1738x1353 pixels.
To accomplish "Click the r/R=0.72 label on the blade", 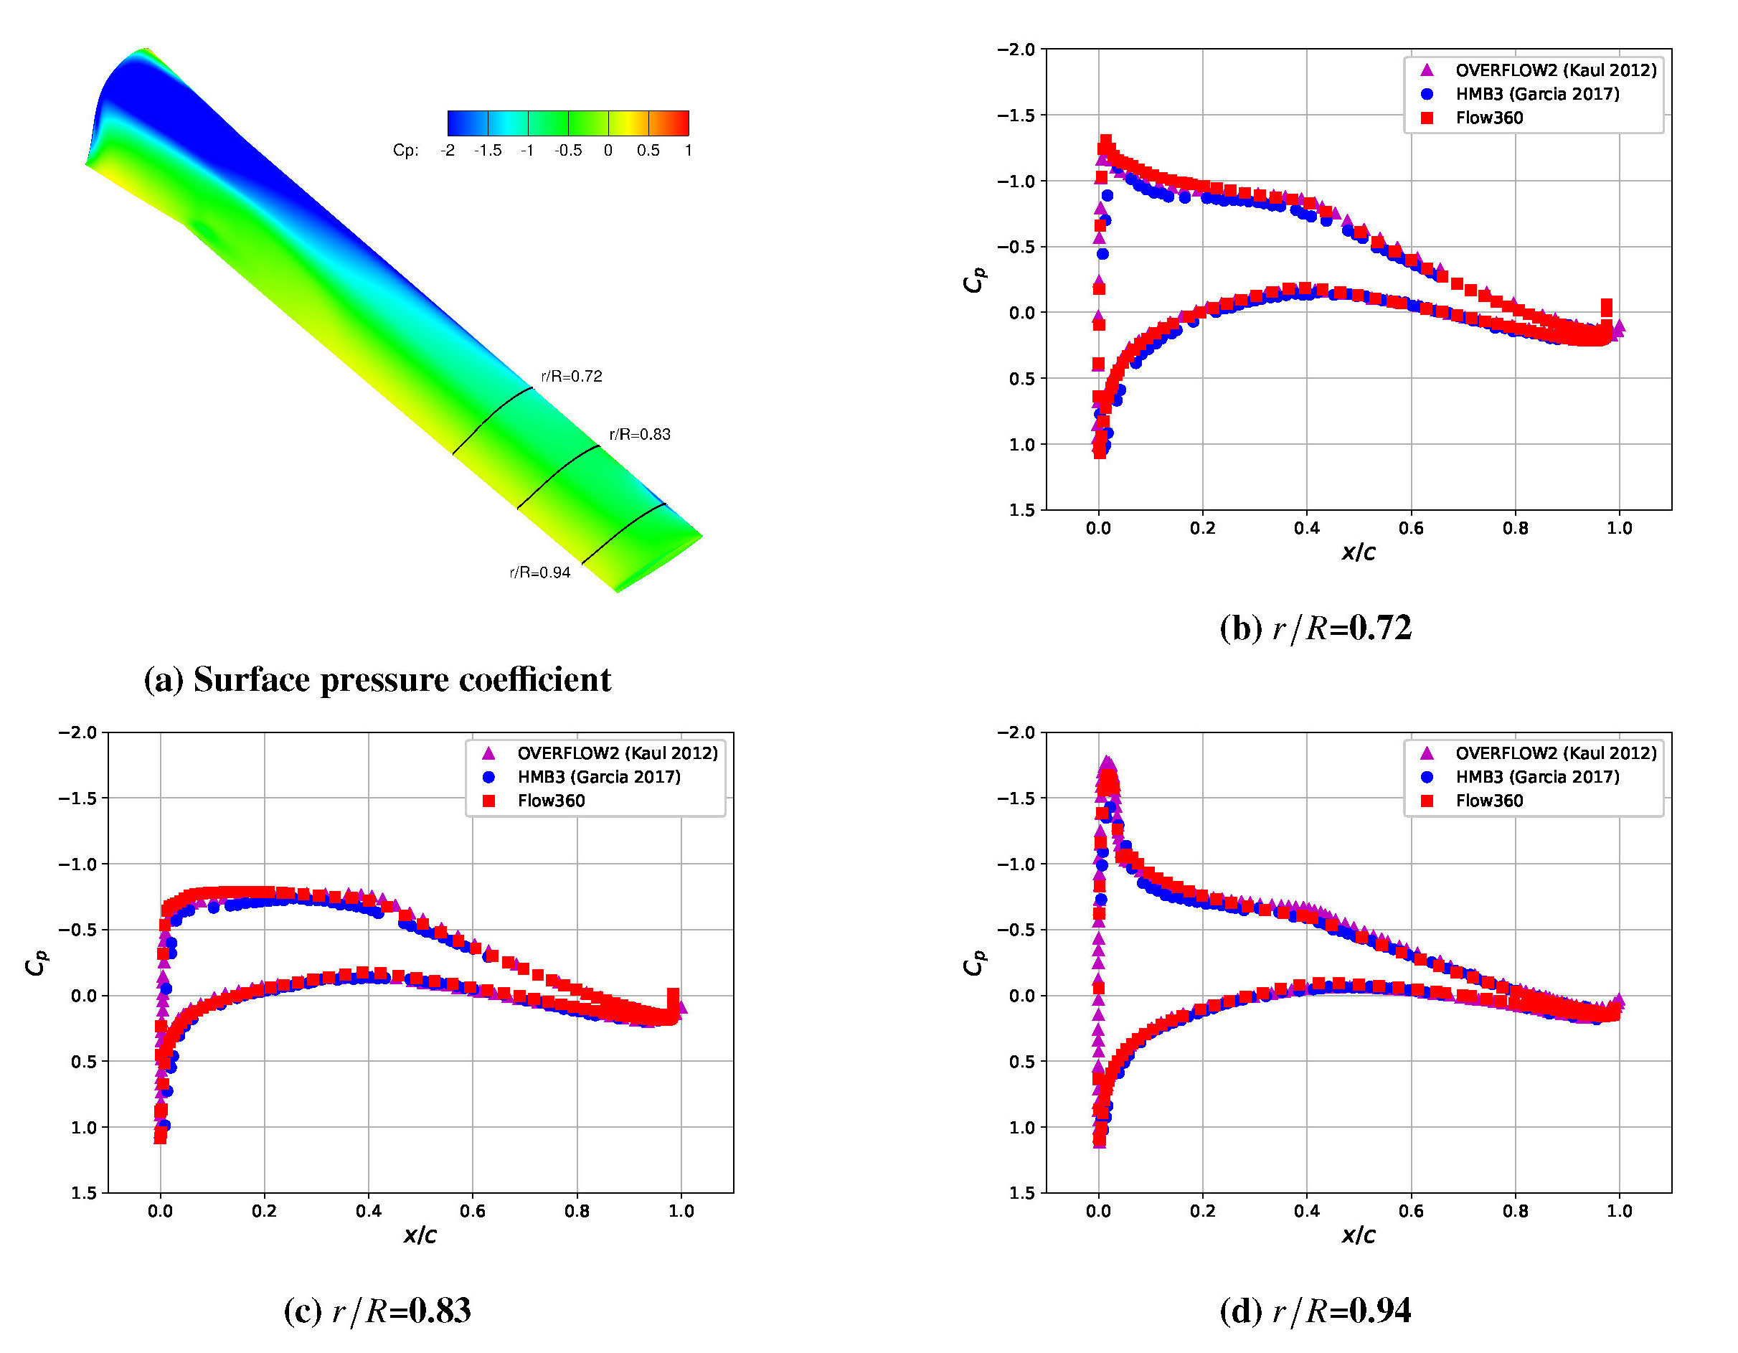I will (572, 376).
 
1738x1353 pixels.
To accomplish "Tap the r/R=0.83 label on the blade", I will (640, 434).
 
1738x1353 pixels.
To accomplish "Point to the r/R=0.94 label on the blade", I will (539, 572).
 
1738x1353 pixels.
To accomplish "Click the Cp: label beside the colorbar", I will (406, 151).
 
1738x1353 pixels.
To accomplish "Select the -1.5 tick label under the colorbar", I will (487, 151).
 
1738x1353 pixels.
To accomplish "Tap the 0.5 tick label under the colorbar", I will (648, 151).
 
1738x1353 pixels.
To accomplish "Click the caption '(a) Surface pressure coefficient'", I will (377, 679).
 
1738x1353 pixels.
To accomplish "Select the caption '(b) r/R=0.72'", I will (1316, 627).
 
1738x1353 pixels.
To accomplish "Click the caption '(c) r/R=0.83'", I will (377, 1310).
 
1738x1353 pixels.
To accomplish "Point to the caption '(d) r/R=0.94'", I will (1316, 1310).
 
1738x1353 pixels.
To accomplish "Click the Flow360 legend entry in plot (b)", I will (1489, 118).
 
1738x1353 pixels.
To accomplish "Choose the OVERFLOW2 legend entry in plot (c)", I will (617, 753).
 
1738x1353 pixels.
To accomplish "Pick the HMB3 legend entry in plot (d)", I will (1536, 777).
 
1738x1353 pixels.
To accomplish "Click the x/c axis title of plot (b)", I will (1358, 552).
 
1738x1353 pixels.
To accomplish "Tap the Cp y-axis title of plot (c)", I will (36, 962).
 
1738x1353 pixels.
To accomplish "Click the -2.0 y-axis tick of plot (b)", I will (1016, 49).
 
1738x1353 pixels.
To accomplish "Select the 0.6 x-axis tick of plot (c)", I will (473, 1212).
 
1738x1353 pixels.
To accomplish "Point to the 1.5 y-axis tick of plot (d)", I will (1022, 1193).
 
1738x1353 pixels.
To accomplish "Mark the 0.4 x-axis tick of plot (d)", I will (1306, 1212).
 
